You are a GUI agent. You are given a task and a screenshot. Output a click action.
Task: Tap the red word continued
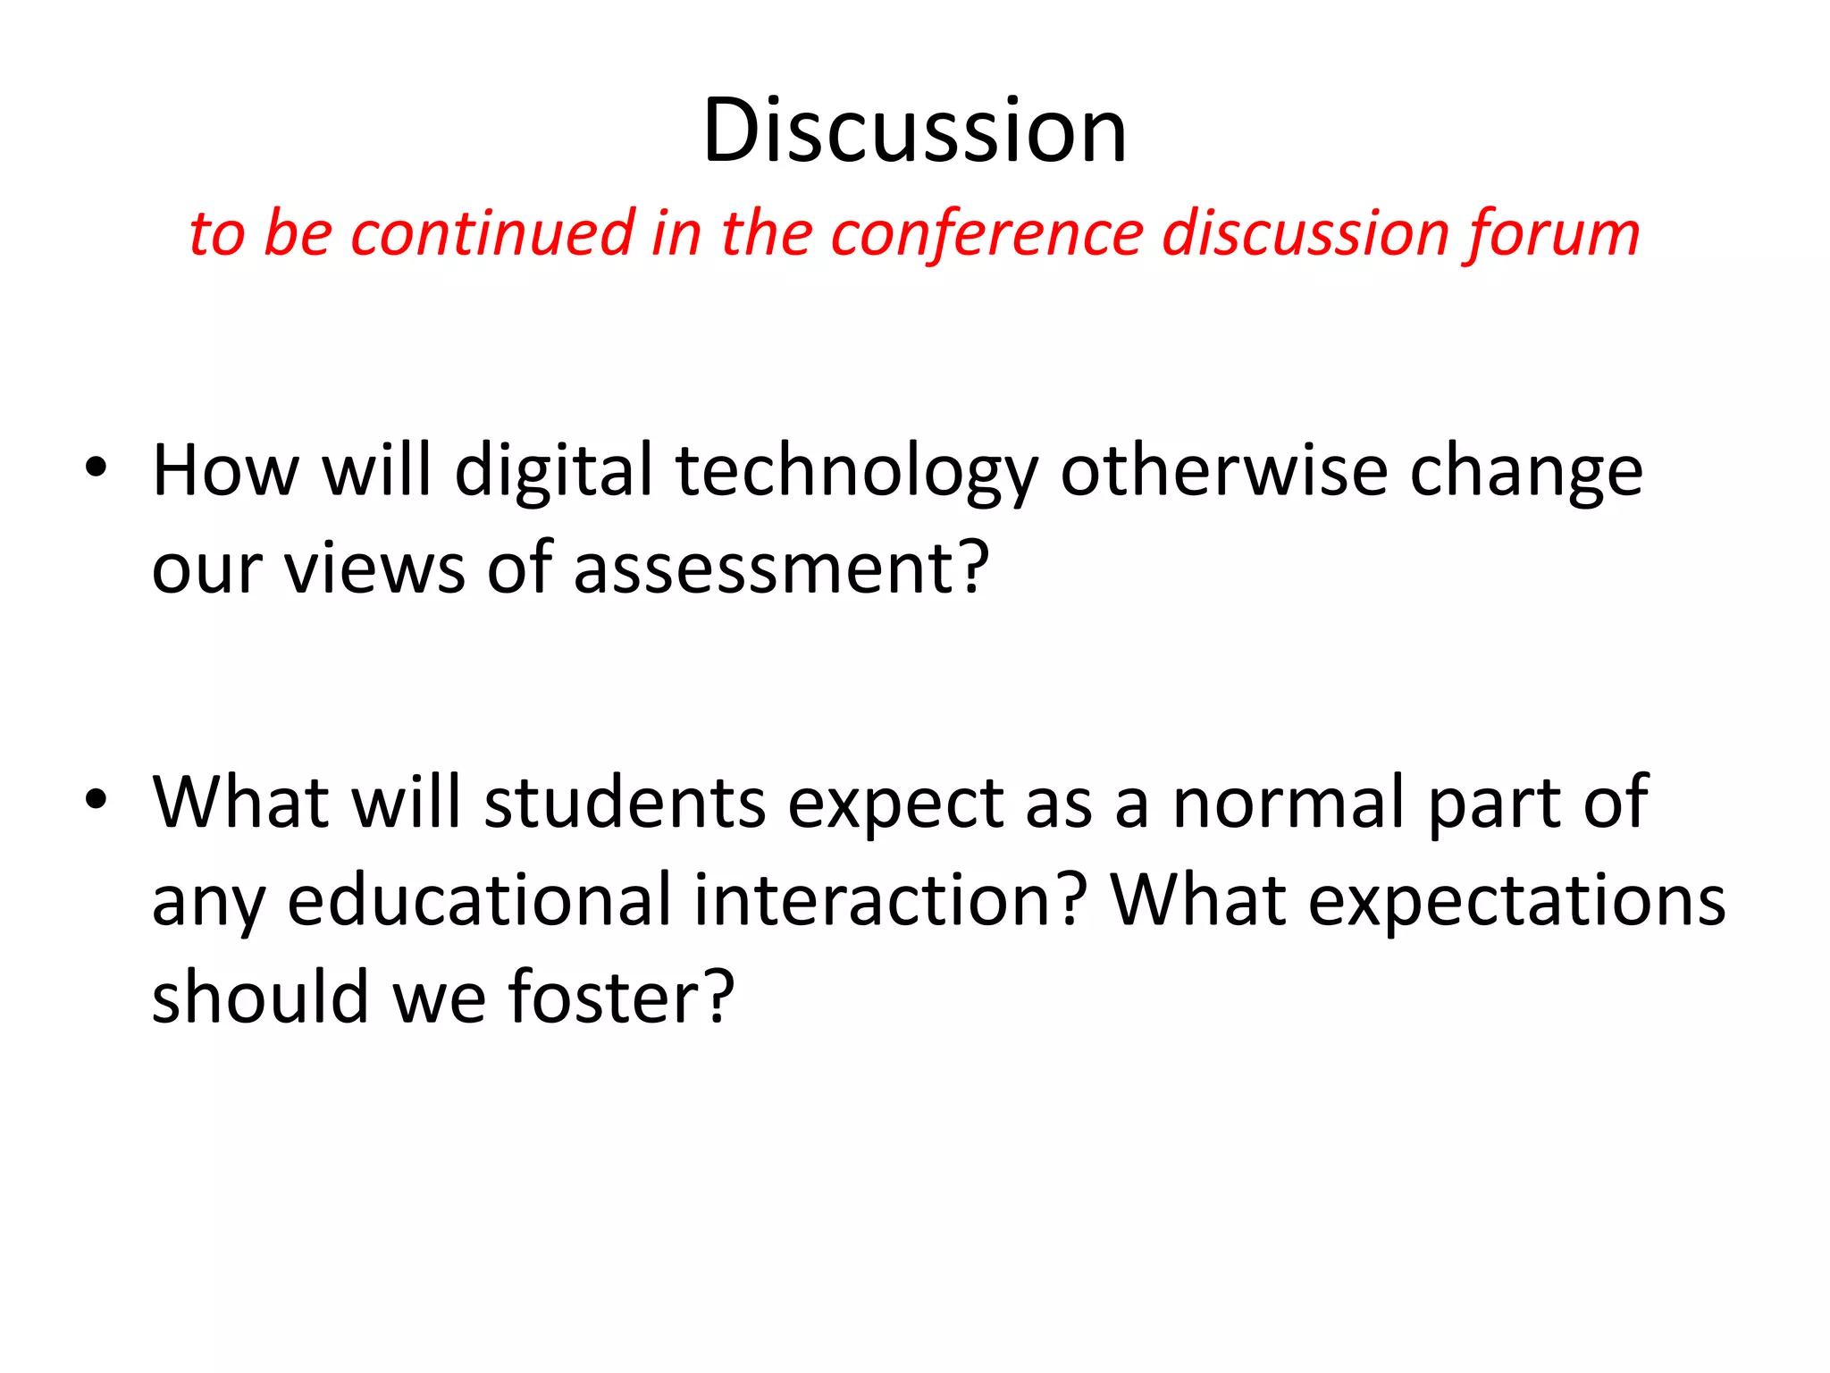point(492,233)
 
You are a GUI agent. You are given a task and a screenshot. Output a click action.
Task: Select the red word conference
point(986,233)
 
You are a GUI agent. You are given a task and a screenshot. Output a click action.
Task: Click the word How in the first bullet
point(225,471)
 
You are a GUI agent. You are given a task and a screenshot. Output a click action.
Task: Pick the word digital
point(554,471)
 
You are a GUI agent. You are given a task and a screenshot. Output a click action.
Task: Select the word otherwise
point(1224,471)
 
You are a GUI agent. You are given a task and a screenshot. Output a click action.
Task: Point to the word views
point(375,569)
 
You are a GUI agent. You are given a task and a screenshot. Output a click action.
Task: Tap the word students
point(625,802)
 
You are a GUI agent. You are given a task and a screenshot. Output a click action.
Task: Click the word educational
point(479,899)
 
